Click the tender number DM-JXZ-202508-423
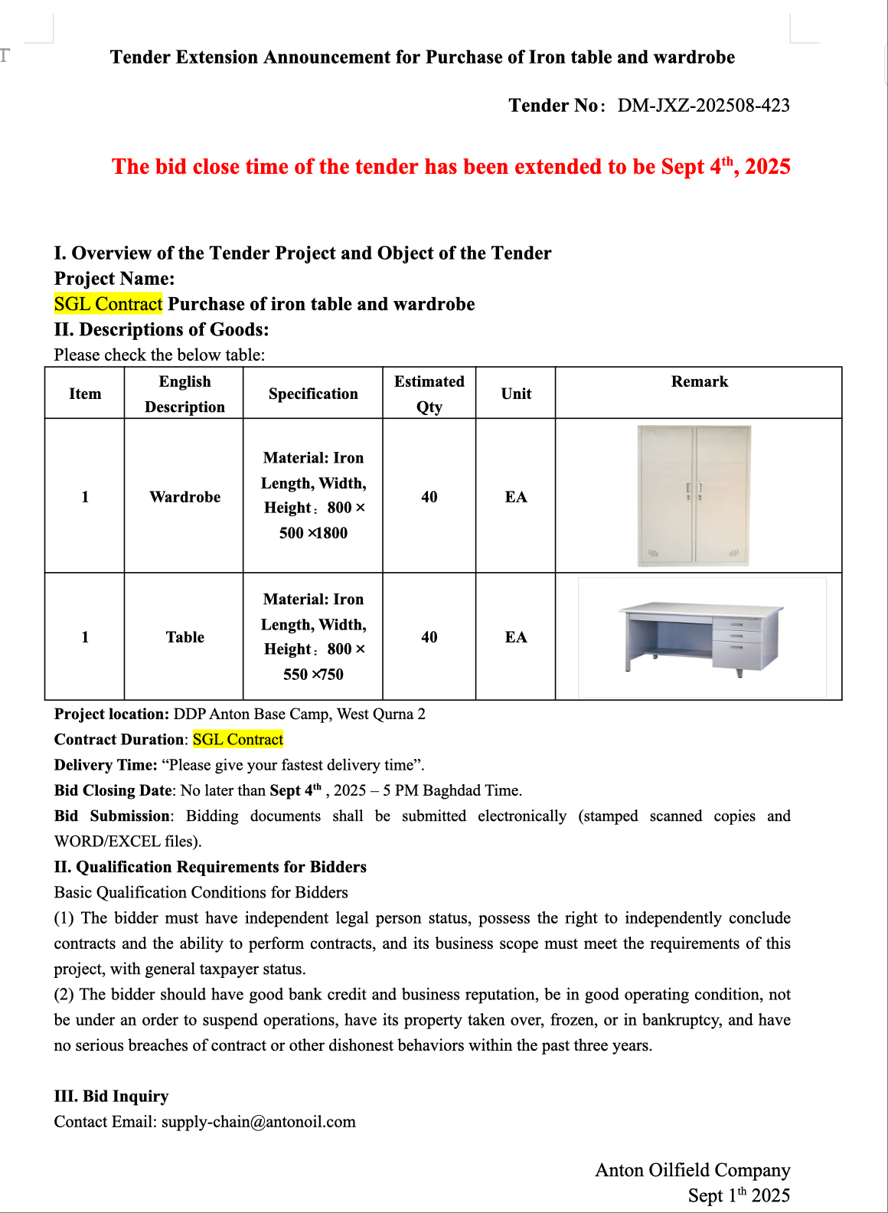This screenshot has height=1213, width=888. point(704,106)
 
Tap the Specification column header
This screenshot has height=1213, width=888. point(313,394)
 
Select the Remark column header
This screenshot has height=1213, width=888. point(699,381)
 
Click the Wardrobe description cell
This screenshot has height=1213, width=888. point(184,497)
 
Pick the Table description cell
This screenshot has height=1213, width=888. point(184,637)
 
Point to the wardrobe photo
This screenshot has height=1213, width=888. point(694,495)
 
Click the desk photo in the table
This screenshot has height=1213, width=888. point(701,637)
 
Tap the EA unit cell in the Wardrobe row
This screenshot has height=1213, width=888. point(516,497)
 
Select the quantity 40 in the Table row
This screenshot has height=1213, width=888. point(429,637)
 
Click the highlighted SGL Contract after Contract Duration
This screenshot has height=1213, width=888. point(238,740)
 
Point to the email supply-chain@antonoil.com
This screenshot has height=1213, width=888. point(259,1122)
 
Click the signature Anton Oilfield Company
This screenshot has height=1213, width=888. point(692,1170)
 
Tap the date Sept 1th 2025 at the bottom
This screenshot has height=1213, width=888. point(739,1195)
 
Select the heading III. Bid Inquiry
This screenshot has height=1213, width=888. point(111,1097)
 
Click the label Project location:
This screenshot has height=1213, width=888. point(111,714)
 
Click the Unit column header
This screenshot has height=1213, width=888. point(516,394)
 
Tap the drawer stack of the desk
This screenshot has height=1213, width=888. point(738,638)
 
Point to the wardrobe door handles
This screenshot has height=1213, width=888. point(694,490)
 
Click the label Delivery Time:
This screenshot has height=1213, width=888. point(106,765)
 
